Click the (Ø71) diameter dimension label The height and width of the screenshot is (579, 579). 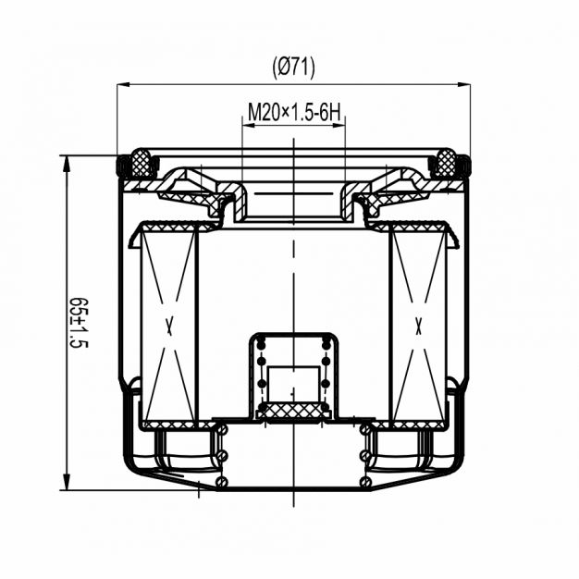tap(293, 68)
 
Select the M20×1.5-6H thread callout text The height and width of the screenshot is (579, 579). tap(294, 112)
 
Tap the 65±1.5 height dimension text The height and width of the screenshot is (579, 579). tap(79, 323)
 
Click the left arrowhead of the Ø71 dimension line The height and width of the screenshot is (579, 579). tap(123, 84)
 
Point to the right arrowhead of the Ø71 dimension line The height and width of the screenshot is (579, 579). tap(463, 84)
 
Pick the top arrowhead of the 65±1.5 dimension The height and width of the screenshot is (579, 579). tap(67, 164)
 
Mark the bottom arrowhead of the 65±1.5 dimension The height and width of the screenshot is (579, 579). tap(67, 482)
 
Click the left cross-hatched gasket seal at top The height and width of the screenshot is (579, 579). tap(142, 163)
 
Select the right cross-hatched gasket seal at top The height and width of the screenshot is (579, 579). tap(446, 163)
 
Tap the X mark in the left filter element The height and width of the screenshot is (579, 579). tap(169, 326)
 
